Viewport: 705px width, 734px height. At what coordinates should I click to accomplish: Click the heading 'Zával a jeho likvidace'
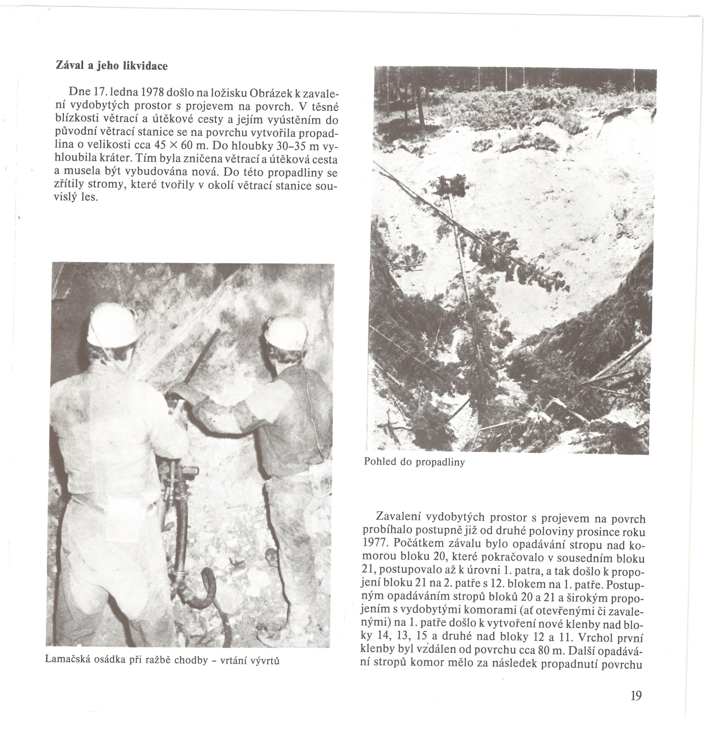tap(111, 66)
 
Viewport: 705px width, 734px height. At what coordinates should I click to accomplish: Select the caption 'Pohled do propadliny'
tap(414, 462)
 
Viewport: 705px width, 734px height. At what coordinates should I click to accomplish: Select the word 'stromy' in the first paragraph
tap(108, 186)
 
